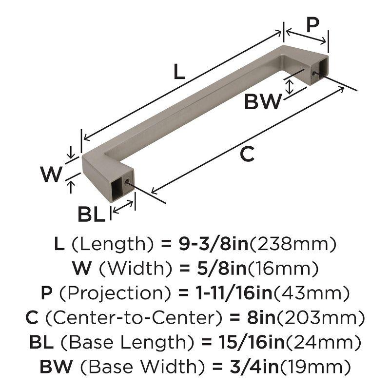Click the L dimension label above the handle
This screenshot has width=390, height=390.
pyautogui.click(x=179, y=73)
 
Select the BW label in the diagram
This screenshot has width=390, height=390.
pyautogui.click(x=263, y=102)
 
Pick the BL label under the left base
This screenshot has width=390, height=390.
pyautogui.click(x=91, y=214)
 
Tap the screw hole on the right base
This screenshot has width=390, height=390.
pyautogui.click(x=314, y=73)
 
